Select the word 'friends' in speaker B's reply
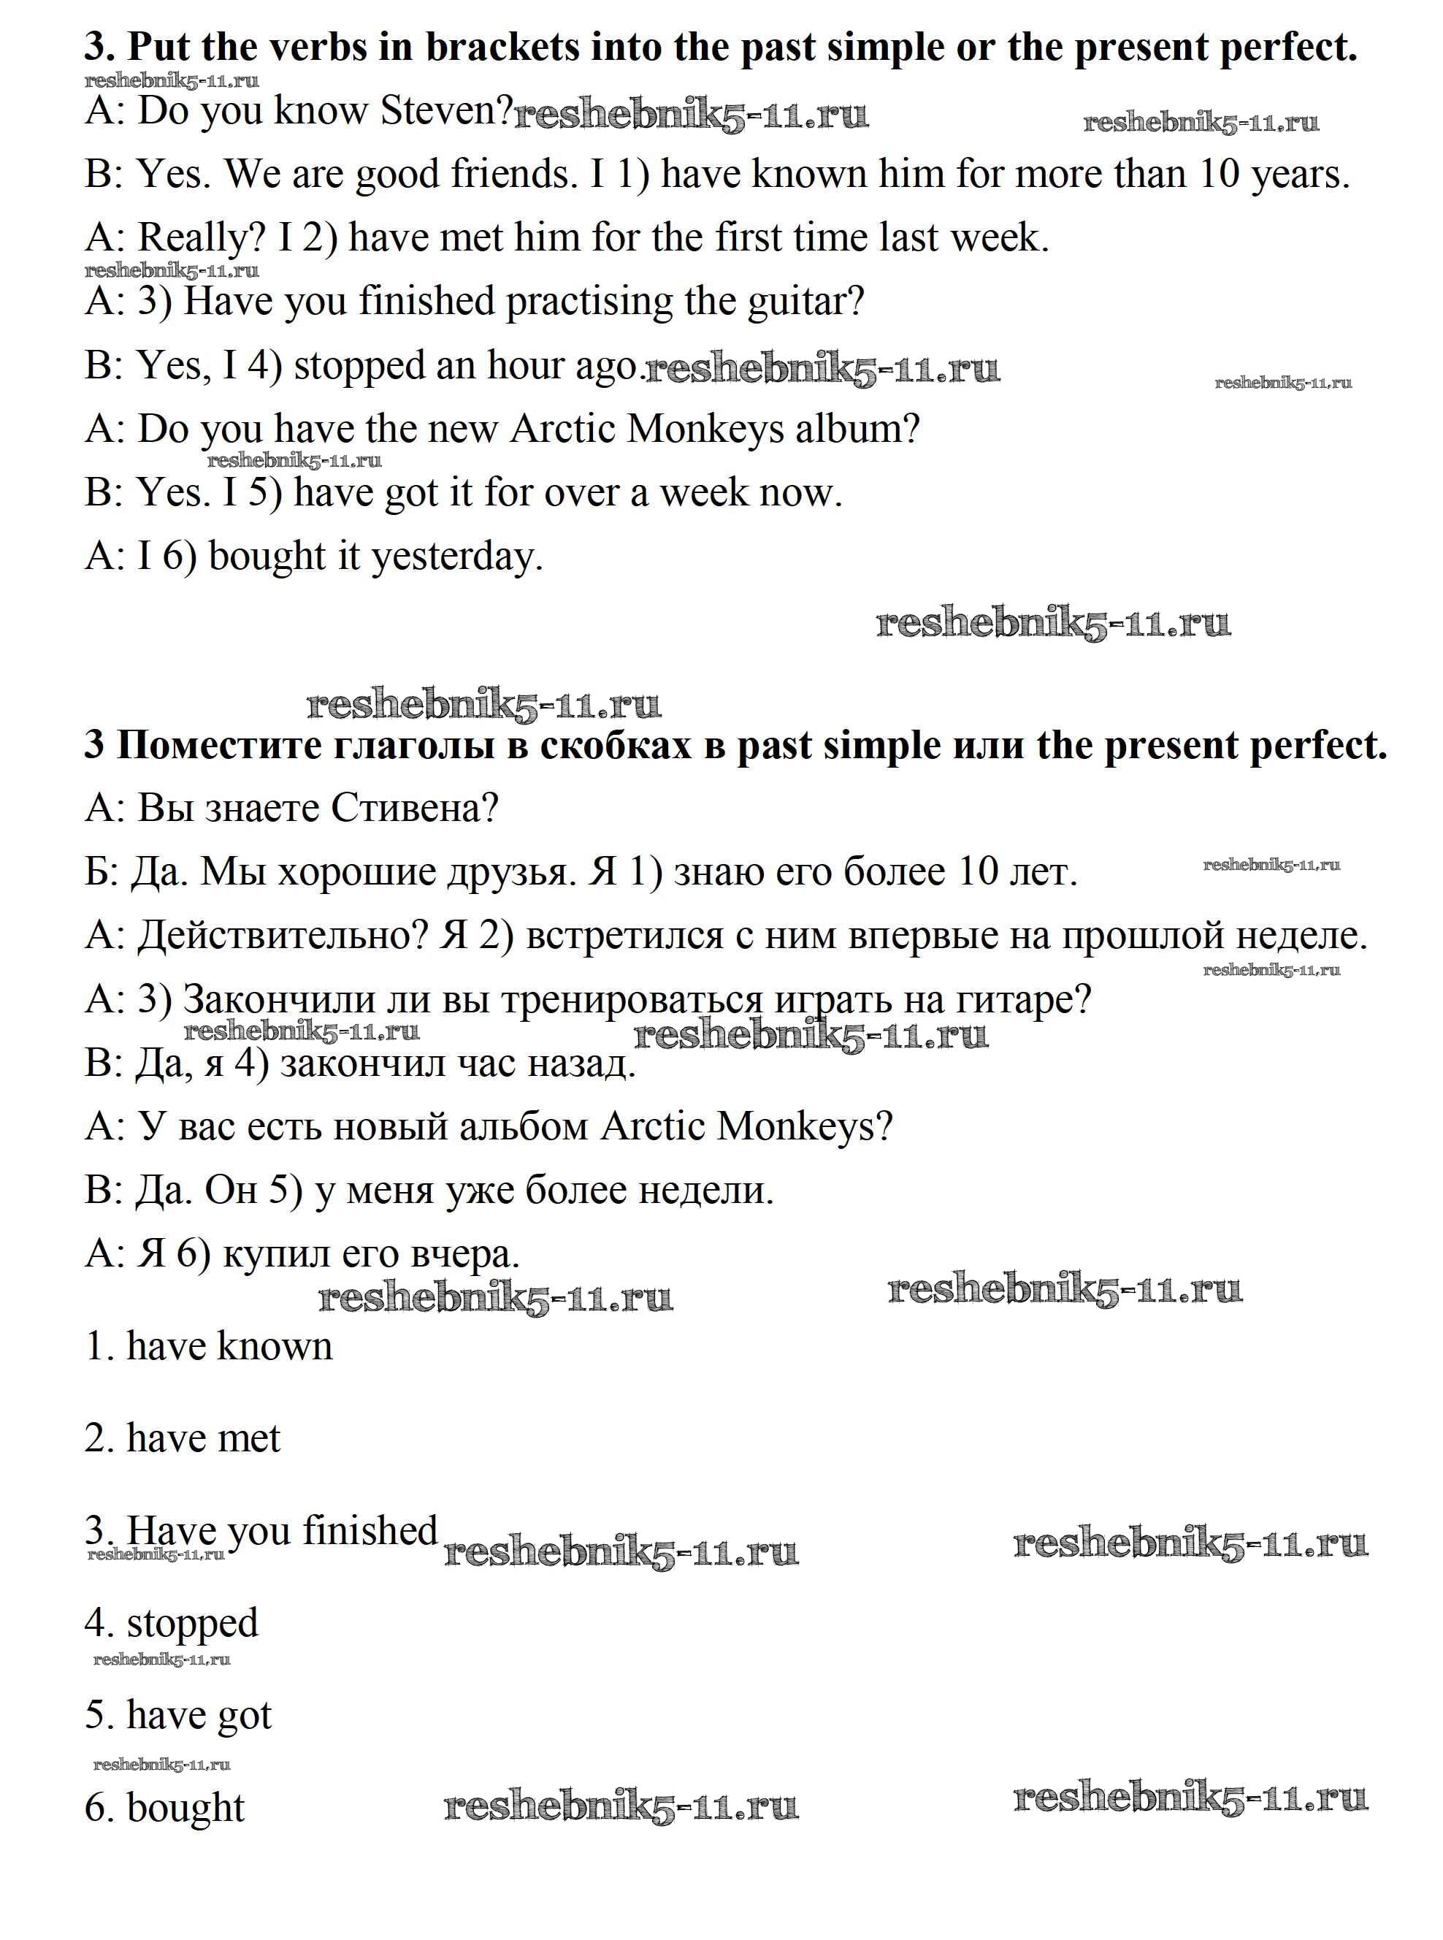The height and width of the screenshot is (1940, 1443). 513,174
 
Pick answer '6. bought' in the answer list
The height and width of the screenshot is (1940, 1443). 165,1807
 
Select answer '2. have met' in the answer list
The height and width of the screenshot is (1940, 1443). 183,1437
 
